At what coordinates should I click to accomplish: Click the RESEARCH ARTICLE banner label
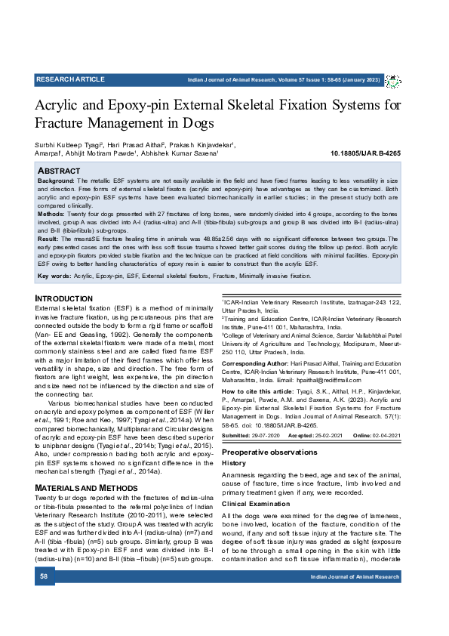(70, 79)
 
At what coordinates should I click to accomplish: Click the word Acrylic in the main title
(60, 104)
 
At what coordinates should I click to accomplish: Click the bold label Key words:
(54, 277)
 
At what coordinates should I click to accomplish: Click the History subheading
(235, 463)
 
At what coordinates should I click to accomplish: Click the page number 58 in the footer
(44, 576)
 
